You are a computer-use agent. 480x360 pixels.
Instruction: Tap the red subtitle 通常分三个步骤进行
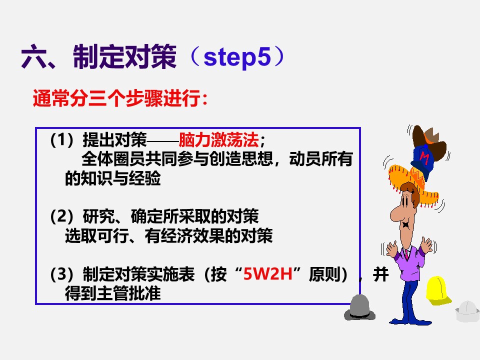tap(120, 98)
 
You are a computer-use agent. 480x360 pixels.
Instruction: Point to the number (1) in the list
tap(61, 139)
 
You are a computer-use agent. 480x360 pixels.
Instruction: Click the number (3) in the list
tap(61, 275)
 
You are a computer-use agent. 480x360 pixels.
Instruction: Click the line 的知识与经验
tap(113, 178)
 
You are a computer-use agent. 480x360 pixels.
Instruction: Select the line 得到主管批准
tap(113, 294)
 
